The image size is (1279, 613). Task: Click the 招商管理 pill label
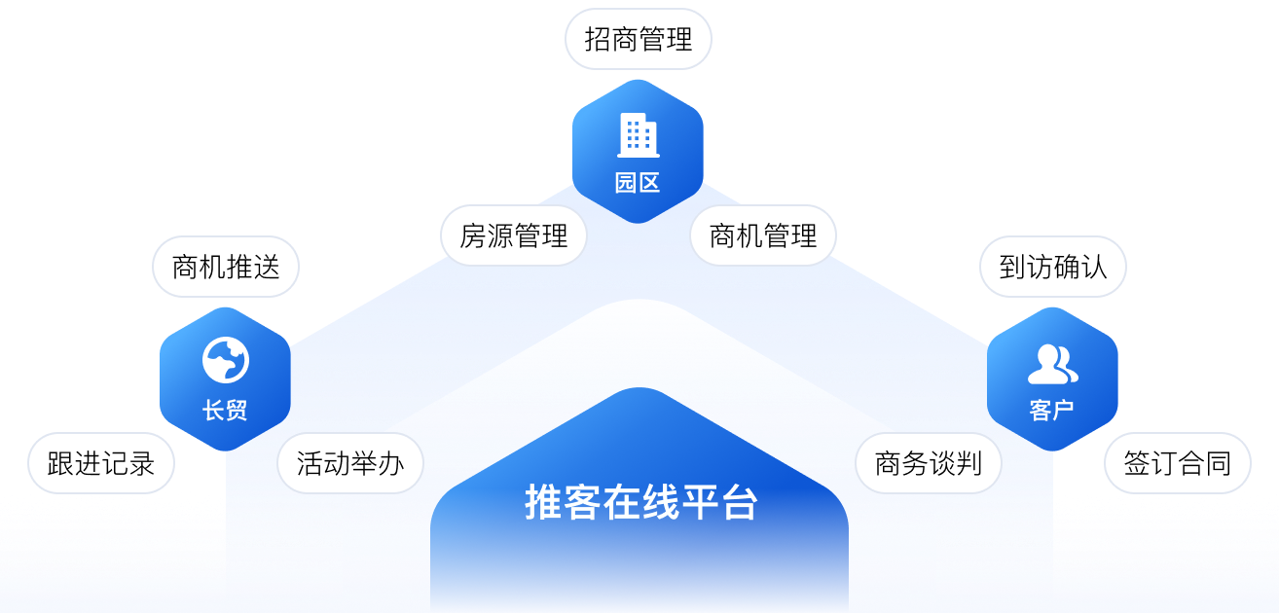point(639,39)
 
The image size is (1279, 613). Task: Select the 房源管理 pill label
point(513,235)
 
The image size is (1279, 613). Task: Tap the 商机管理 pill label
point(763,235)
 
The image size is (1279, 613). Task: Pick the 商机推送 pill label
point(226,267)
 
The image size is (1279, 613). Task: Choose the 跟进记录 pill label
point(101,463)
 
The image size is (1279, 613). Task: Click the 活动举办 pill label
point(350,463)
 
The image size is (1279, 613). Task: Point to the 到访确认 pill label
point(1053,267)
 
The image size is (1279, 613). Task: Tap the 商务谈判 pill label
point(929,463)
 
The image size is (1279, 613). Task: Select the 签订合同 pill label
point(1178,463)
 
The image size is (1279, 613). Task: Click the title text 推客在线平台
point(640,502)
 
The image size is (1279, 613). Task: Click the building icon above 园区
point(639,135)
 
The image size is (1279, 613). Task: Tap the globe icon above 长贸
point(226,361)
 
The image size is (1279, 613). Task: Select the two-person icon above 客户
point(1052,364)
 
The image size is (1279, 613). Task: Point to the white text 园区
point(639,183)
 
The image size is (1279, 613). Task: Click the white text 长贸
point(225,411)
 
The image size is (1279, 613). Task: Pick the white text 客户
point(1052,411)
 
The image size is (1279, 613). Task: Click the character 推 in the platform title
point(543,502)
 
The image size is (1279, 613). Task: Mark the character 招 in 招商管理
point(598,39)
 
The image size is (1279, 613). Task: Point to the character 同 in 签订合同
point(1218,463)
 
